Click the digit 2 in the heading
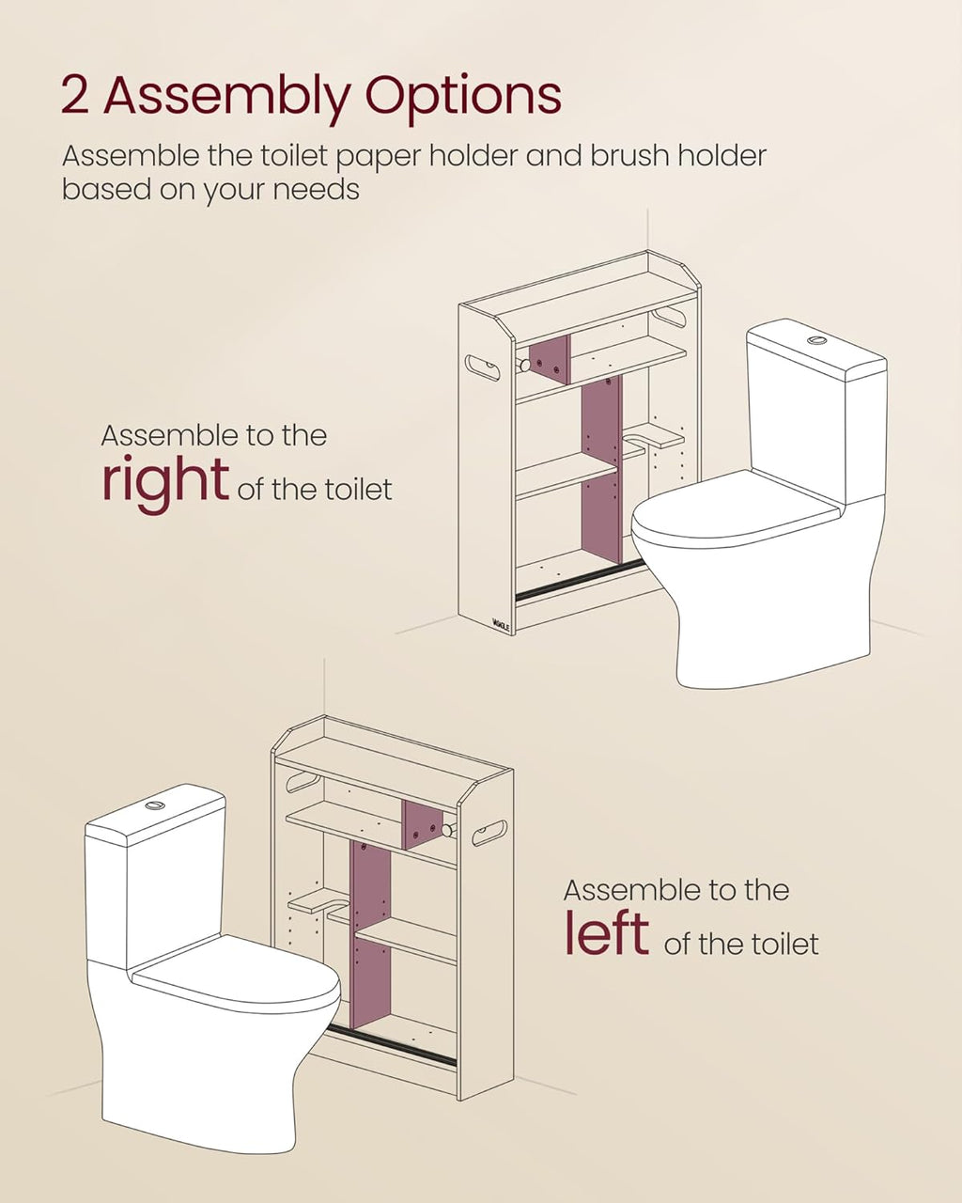pos(75,96)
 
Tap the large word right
pos(164,481)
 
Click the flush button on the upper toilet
pos(817,339)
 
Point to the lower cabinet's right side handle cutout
pos(489,830)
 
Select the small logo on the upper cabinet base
pos(502,621)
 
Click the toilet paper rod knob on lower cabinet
pos(450,830)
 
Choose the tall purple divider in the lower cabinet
pos(371,930)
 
